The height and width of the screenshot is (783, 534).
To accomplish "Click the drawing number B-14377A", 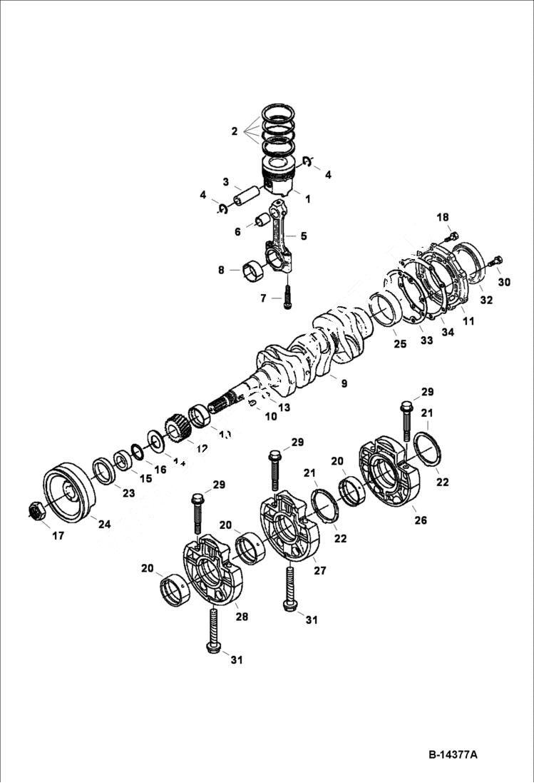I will tap(453, 754).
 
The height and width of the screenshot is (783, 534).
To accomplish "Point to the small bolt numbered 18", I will tap(450, 236).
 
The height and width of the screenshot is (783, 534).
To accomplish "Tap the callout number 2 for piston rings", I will tap(234, 131).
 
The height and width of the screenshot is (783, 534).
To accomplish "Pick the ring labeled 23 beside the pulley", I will tap(105, 471).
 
